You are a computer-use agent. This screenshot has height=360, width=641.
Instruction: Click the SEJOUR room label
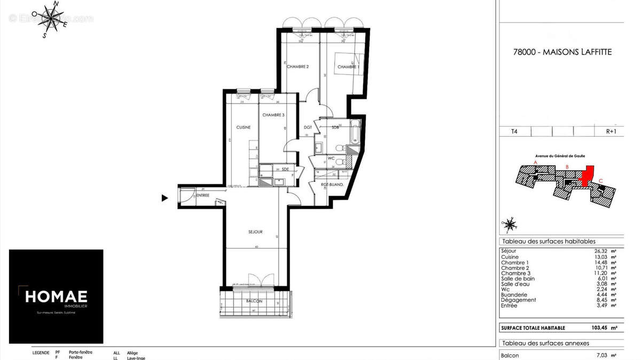[x=255, y=232]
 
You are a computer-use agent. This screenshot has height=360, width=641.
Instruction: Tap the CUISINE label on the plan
[x=244, y=127]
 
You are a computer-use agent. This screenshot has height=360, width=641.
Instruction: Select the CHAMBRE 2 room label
[x=298, y=67]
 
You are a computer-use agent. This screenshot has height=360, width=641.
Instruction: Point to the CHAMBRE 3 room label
[x=273, y=115]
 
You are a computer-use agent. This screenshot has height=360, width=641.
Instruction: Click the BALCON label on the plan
[x=254, y=301]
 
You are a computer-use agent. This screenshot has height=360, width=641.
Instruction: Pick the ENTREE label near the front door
[x=202, y=195]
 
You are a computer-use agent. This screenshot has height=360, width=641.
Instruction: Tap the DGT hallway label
[x=308, y=127]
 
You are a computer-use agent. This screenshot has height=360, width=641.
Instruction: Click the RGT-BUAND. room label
[x=332, y=185]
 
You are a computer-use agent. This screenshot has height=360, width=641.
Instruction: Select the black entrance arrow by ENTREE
[x=165, y=198]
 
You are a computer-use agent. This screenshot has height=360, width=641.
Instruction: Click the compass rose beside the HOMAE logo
[x=49, y=19]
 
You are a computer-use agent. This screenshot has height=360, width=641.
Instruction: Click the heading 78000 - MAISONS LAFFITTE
[x=562, y=52]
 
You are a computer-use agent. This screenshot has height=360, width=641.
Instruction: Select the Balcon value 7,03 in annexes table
[x=601, y=355]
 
